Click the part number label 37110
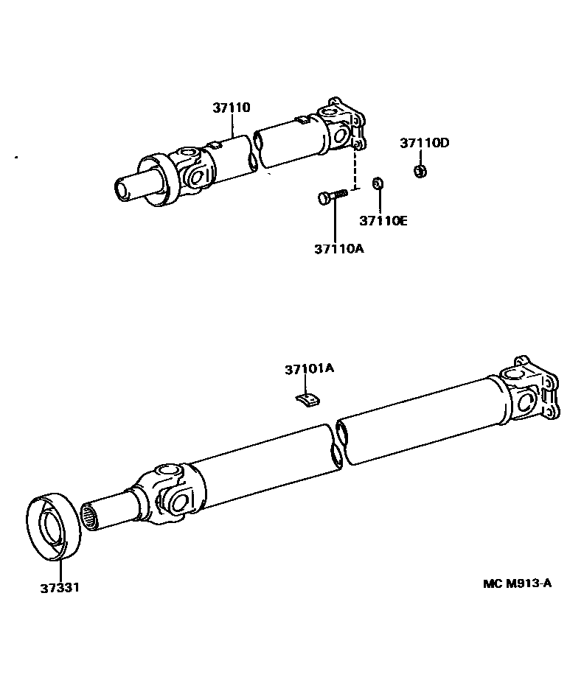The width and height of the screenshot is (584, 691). click(x=232, y=108)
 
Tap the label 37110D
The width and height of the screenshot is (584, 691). click(x=424, y=143)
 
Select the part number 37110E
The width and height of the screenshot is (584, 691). click(x=383, y=220)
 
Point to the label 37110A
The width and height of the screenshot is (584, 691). click(x=338, y=248)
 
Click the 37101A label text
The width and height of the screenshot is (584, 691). click(x=309, y=368)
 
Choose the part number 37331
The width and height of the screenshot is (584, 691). click(x=60, y=588)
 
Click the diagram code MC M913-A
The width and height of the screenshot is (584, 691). click(x=517, y=583)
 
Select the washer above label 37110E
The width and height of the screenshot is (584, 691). click(x=378, y=183)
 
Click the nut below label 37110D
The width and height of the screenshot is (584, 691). click(x=419, y=171)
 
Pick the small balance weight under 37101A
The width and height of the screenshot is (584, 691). click(x=308, y=399)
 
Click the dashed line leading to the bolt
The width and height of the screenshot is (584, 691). click(x=356, y=169)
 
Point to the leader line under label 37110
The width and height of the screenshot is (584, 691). click(x=233, y=125)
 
